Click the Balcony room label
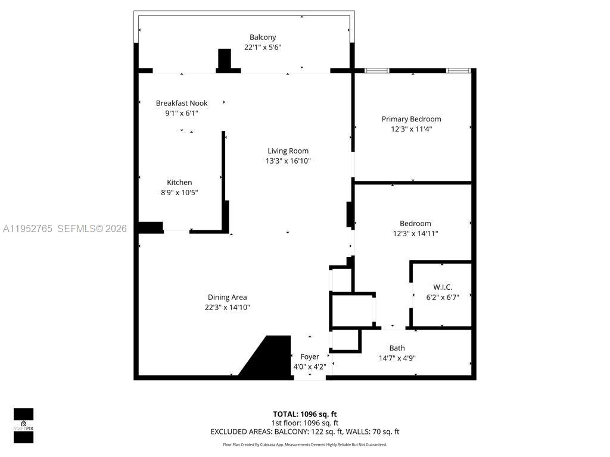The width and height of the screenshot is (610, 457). [263, 37]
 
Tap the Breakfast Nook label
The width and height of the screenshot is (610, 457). [182, 103]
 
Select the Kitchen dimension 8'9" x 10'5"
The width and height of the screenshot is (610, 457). [179, 192]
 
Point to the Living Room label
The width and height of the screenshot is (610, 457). [288, 151]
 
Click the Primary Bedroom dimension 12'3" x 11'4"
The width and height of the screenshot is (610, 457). [411, 129]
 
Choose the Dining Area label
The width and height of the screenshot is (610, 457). [227, 297]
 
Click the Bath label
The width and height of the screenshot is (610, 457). [397, 348]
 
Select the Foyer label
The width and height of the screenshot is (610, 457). [309, 356]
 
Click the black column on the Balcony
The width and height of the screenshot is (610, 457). [225, 60]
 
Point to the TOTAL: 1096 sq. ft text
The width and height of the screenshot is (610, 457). [304, 414]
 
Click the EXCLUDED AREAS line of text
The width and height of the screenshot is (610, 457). [304, 431]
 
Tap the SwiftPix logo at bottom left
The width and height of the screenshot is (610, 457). [24, 425]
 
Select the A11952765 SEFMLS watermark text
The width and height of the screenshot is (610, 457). [64, 228]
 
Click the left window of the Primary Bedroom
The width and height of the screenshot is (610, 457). [376, 71]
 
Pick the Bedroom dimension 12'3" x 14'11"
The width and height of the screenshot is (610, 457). [415, 233]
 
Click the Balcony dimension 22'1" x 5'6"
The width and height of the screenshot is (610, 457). [263, 47]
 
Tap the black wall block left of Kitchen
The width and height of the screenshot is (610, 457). [150, 227]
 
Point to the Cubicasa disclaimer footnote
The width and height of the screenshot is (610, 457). [304, 445]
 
